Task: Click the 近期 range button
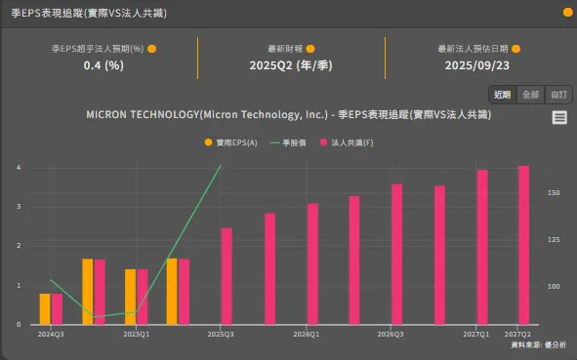(502, 95)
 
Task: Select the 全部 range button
(530, 95)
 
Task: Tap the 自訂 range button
(558, 95)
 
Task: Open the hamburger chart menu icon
(559, 117)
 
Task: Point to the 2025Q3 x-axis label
(222, 334)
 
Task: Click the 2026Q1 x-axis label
(307, 334)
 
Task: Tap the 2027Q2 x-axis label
(517, 334)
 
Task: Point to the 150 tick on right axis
(554, 193)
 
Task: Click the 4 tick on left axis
(19, 167)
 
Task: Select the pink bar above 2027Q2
(523, 244)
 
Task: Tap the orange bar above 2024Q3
(45, 308)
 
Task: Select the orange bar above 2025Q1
(130, 297)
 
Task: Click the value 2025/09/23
(478, 65)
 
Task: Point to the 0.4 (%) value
(103, 65)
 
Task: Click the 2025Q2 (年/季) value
(290, 65)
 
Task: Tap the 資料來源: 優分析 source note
(538, 345)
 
